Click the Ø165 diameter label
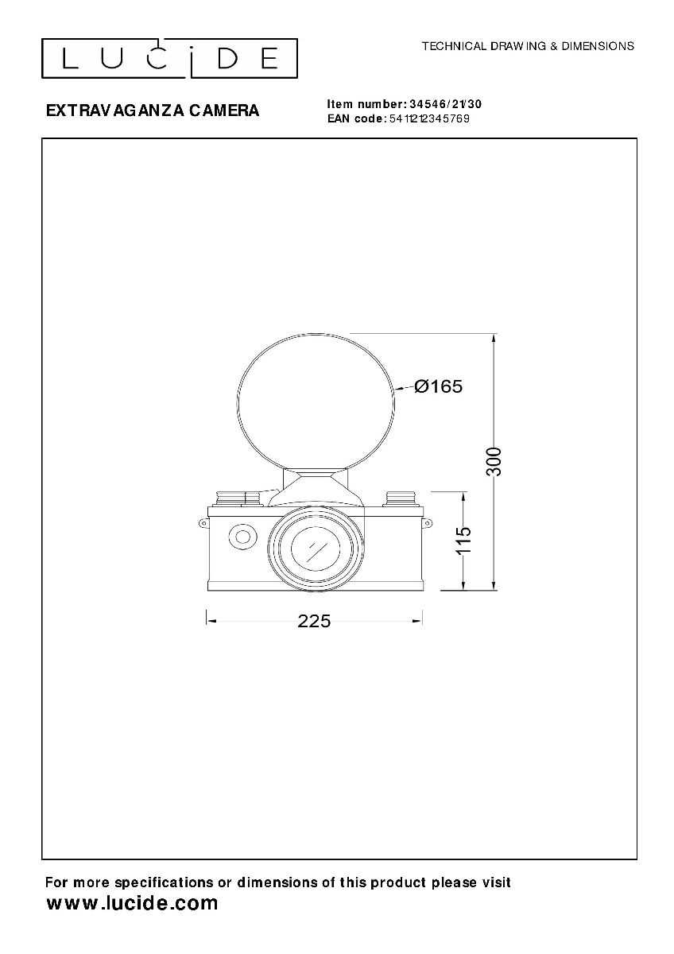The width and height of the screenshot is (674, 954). pyautogui.click(x=439, y=386)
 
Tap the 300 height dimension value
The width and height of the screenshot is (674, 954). pyautogui.click(x=494, y=462)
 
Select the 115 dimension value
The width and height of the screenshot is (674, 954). pyautogui.click(x=463, y=540)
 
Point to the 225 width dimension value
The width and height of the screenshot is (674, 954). pyautogui.click(x=314, y=622)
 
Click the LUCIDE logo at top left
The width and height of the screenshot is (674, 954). pyautogui.click(x=169, y=58)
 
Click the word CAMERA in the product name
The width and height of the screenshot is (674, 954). pyautogui.click(x=223, y=111)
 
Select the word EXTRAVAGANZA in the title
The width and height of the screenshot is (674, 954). pyautogui.click(x=115, y=111)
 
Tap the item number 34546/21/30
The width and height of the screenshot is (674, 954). pyautogui.click(x=445, y=104)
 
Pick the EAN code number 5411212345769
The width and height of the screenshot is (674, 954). pyautogui.click(x=430, y=118)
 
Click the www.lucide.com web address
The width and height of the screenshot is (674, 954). pyautogui.click(x=132, y=902)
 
